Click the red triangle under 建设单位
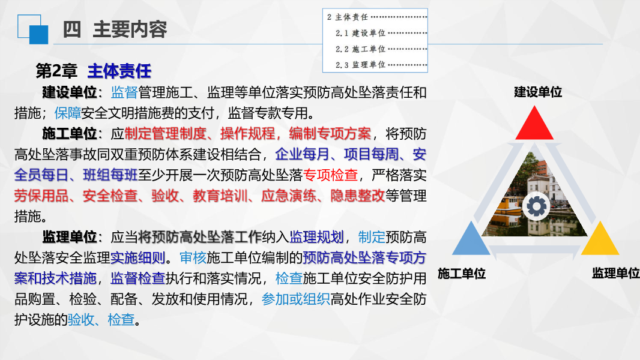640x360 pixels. pyautogui.click(x=534, y=126)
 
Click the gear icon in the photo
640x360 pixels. pyautogui.click(x=536, y=206)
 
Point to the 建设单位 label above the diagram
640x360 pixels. pyautogui.click(x=538, y=92)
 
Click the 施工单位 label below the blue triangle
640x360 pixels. pyautogui.click(x=462, y=274)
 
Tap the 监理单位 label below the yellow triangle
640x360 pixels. pyautogui.click(x=615, y=274)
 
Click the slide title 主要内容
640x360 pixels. pyautogui.click(x=130, y=29)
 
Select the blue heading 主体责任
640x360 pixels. pyautogui.click(x=119, y=71)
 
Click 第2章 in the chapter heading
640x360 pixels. pyautogui.click(x=56, y=71)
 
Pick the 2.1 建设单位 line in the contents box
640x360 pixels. pyautogui.click(x=360, y=33)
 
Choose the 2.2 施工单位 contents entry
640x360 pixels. pyautogui.click(x=360, y=49)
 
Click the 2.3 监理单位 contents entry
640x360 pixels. pyautogui.click(x=360, y=64)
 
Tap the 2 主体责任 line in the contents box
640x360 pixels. pyautogui.click(x=348, y=17)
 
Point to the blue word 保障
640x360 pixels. pyautogui.click(x=67, y=112)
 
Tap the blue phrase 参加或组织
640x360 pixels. pyautogui.click(x=296, y=298)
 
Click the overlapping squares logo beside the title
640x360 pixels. pyautogui.click(x=32, y=29)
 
